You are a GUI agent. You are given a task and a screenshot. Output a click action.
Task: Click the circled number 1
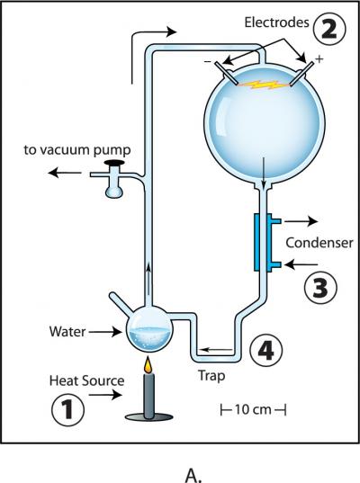(67, 411)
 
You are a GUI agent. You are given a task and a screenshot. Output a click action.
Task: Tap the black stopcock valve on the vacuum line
(113, 165)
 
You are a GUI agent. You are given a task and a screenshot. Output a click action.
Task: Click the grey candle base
(144, 416)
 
